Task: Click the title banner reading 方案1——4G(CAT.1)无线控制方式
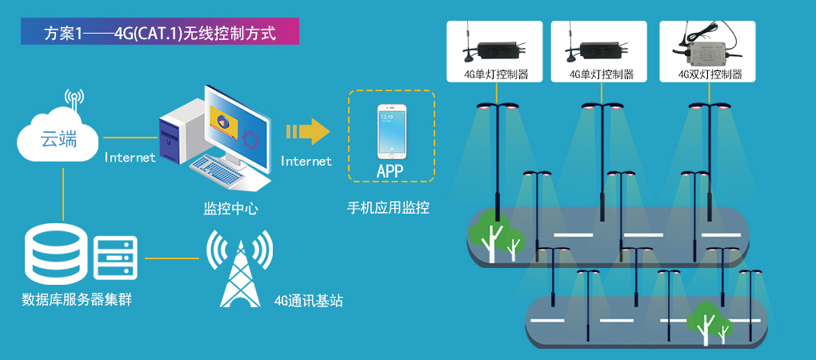click(159, 34)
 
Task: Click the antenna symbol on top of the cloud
click(74, 101)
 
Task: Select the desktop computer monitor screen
click(235, 123)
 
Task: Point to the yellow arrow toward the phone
click(308, 131)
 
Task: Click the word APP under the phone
click(390, 170)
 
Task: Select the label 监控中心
click(230, 209)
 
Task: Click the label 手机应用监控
click(388, 208)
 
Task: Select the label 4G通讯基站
click(309, 302)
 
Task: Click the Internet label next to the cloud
click(130, 158)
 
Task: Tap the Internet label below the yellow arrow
click(306, 162)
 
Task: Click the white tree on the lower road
click(709, 322)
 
